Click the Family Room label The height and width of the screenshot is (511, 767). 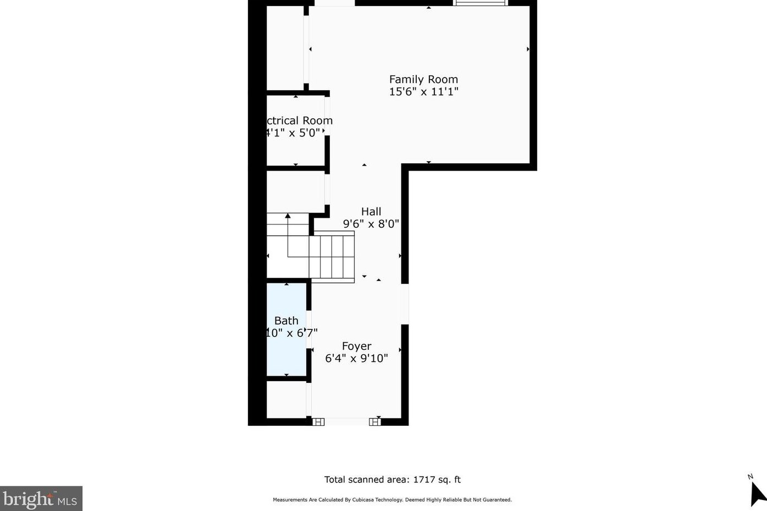[423, 79]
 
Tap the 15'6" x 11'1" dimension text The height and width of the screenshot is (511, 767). [423, 92]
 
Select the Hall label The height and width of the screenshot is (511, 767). [371, 211]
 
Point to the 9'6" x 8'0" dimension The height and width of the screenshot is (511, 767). [371, 224]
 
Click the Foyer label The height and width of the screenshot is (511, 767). [356, 346]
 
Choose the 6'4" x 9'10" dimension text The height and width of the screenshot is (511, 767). [356, 359]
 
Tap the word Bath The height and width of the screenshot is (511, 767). [286, 321]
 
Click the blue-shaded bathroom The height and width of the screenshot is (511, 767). [286, 352]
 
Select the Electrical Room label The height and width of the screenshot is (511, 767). [299, 120]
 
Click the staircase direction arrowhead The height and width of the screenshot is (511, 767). [288, 216]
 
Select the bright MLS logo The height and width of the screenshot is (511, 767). [41, 498]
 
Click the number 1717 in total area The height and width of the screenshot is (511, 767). [424, 480]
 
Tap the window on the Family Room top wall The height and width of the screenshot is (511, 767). [480, 3]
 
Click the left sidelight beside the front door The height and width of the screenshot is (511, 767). [318, 422]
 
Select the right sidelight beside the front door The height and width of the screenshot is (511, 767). [374, 422]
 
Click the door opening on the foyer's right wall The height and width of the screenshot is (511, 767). [405, 304]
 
